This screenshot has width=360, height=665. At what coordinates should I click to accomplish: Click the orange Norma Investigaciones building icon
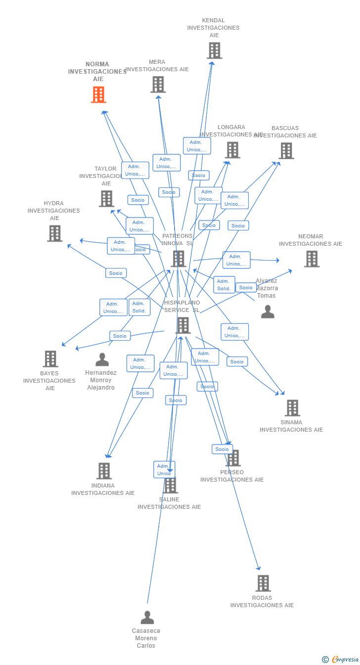pos(98,94)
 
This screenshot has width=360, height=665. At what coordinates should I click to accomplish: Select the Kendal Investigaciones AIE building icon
pos(214,50)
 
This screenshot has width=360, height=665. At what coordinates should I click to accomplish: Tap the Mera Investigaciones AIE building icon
pos(158,85)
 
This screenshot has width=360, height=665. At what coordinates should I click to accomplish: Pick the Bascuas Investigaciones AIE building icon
pos(286,151)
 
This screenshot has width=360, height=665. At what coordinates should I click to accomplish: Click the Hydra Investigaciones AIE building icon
pos(54,233)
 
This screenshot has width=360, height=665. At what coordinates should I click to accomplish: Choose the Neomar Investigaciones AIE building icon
pos(311,259)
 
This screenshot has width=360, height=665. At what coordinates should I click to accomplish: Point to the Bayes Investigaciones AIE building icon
pos(50,359)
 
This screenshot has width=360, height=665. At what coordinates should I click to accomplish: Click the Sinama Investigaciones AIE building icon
pos(292,408)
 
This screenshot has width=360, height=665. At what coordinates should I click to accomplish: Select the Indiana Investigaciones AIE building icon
pos(103,471)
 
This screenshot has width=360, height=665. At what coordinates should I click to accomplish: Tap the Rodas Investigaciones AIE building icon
pos(263,583)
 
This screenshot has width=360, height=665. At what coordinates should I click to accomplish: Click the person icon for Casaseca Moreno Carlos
pos(147,618)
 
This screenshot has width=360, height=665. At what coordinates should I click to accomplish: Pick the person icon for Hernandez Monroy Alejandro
pos(102,359)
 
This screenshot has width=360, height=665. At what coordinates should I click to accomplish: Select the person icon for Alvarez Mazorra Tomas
pos(268,311)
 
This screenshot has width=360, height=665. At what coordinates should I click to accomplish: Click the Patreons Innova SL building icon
pos(178,259)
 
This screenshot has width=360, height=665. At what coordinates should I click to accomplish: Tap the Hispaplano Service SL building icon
pos(182,325)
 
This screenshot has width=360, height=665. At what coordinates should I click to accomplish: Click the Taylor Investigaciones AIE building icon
pos(106,198)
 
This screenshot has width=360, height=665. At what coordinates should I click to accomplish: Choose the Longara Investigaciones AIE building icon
pos(232,150)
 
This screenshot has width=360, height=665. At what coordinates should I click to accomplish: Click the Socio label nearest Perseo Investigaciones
pos(222,449)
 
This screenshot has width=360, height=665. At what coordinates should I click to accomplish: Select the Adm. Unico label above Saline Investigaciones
pos(164,470)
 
